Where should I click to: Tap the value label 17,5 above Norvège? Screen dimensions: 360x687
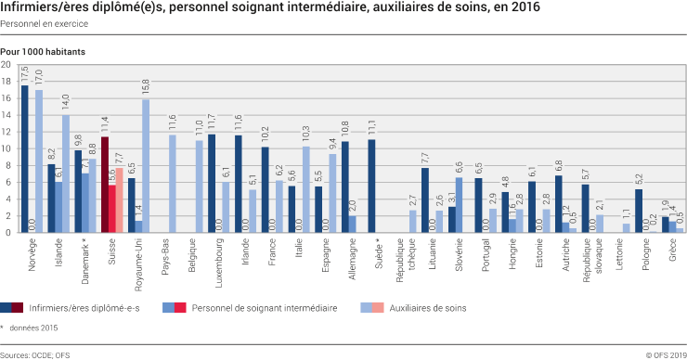coord(25,74)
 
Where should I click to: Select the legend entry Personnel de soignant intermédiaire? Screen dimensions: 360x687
coord(263,306)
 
